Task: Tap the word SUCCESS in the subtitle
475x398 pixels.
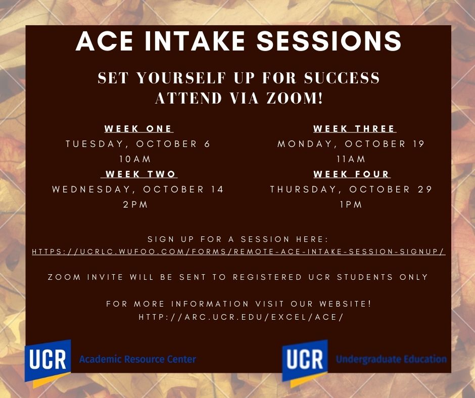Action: (342, 78)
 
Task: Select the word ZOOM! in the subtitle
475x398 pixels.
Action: (295, 98)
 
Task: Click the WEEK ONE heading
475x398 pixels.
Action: (139, 129)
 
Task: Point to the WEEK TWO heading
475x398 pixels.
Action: (140, 174)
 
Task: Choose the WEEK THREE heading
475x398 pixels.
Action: (354, 129)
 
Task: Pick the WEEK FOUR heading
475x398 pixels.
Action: (351, 174)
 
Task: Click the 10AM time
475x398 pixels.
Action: (135, 159)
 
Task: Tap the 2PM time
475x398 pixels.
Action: (135, 205)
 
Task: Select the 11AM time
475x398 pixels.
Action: (351, 159)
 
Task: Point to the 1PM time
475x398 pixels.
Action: (351, 205)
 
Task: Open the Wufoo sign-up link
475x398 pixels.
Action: (239, 252)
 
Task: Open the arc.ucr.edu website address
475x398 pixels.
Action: (241, 317)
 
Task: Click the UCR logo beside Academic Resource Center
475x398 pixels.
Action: (47, 362)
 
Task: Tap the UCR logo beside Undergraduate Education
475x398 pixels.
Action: (305, 362)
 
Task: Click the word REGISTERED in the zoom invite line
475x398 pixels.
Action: (267, 277)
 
